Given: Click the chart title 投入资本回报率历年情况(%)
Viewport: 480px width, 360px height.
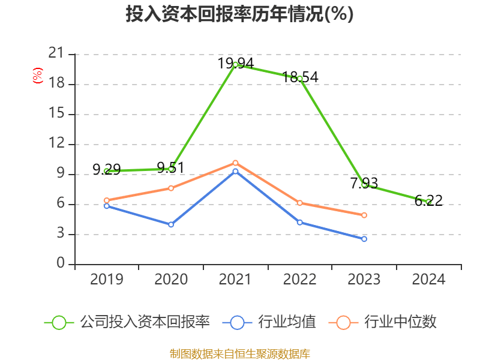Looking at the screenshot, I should [x=239, y=14].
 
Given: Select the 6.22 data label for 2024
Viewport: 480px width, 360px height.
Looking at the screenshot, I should [x=428, y=201].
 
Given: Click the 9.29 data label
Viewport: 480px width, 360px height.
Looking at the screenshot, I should [x=107, y=170].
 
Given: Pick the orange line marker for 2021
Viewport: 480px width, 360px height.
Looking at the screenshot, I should [x=235, y=163].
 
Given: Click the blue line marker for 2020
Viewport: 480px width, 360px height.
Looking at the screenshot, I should [x=171, y=224].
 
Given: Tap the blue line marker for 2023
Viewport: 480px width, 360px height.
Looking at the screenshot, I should [x=364, y=239].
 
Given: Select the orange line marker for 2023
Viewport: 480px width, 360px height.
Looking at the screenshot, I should [x=364, y=215].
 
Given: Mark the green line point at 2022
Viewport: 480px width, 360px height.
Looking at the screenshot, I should [x=300, y=79].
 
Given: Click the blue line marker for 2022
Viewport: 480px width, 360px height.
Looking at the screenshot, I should [x=300, y=222].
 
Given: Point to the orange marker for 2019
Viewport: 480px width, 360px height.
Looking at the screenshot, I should [x=107, y=200].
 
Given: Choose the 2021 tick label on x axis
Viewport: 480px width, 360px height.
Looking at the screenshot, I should [x=235, y=280].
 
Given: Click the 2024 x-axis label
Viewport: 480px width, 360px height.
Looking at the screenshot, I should [x=428, y=280].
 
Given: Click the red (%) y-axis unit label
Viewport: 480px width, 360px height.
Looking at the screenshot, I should [x=37, y=76].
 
